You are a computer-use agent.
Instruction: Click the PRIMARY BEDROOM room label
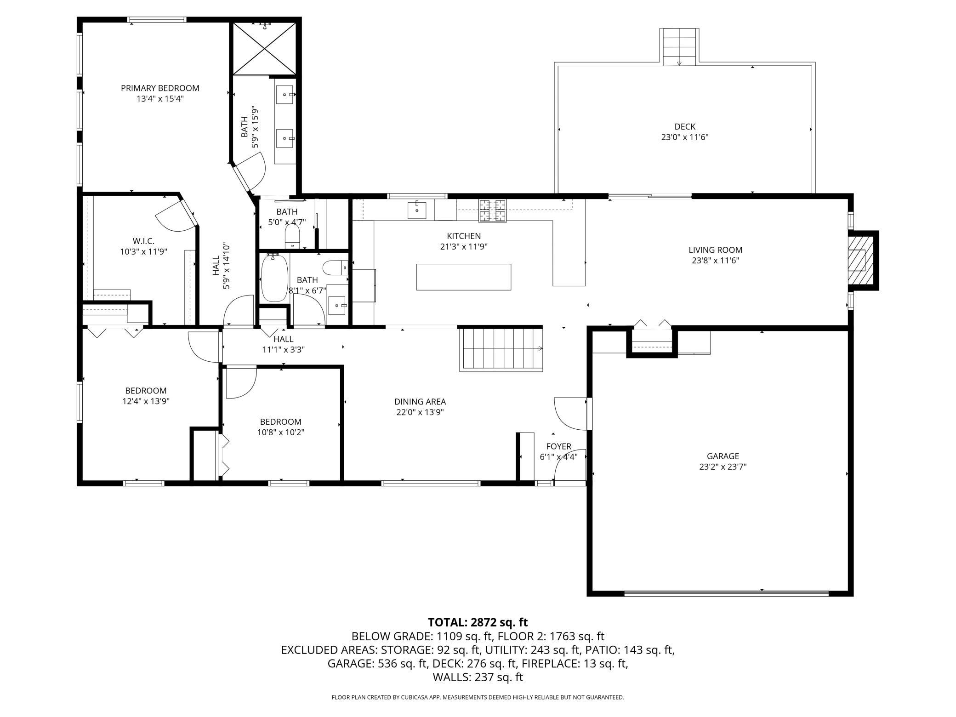(x=160, y=88)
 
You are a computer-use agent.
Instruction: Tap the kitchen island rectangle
(x=463, y=277)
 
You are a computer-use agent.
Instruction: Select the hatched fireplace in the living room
(x=857, y=261)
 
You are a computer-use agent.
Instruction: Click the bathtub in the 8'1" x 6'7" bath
(x=274, y=278)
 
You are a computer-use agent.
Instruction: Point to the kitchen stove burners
(x=492, y=211)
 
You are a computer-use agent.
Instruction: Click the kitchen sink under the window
(x=417, y=210)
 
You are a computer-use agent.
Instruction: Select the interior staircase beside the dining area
(x=501, y=348)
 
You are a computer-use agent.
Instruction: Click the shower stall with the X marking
(x=265, y=48)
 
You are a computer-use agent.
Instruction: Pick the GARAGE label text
(x=723, y=456)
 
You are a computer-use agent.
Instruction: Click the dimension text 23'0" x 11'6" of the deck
(x=685, y=137)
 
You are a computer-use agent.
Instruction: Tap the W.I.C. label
(x=143, y=241)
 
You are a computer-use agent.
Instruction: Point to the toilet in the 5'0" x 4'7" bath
(x=292, y=237)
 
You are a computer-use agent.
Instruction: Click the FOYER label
(x=558, y=446)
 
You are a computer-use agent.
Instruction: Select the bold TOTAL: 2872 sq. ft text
(x=478, y=622)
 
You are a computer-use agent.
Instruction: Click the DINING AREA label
(x=420, y=402)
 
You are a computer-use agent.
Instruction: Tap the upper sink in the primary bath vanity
(x=285, y=95)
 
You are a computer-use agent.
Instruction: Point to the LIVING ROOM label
(x=715, y=250)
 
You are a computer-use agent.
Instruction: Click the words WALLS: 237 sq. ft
(x=478, y=677)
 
